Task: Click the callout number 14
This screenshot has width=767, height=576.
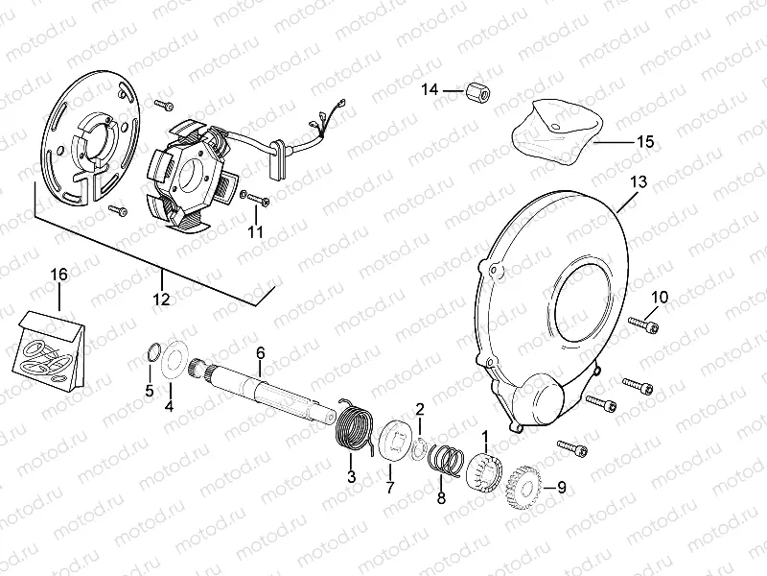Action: (430, 90)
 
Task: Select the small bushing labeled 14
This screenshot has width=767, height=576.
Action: (477, 91)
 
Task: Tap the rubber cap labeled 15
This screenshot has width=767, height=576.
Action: (556, 130)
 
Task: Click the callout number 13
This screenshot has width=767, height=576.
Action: (639, 182)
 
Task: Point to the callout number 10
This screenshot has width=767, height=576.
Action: (660, 298)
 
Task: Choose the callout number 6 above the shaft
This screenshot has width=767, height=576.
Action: (260, 352)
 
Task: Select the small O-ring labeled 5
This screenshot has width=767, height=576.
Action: (154, 352)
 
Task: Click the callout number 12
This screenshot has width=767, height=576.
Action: (161, 299)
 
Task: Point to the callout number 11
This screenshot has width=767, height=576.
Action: (255, 231)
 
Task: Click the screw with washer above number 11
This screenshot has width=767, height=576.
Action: (255, 198)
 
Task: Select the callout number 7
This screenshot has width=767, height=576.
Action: (390, 488)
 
